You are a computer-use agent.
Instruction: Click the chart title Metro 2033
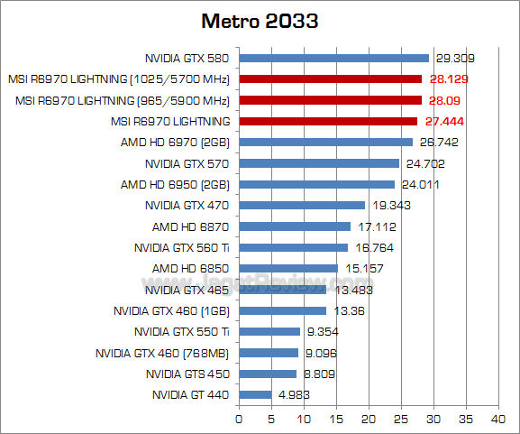(260, 20)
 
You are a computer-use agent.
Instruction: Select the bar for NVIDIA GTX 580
(333, 58)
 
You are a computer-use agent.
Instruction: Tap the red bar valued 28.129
(330, 78)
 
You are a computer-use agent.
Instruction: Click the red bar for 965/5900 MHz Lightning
(330, 100)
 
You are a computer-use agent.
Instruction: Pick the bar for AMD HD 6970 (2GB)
(325, 142)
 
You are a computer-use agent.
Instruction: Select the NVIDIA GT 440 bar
(255, 394)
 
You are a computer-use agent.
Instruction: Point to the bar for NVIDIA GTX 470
(302, 205)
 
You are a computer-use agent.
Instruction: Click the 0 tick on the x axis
(239, 418)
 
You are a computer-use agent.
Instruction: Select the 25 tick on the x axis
(400, 418)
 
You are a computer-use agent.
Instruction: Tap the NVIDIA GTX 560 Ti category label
(182, 247)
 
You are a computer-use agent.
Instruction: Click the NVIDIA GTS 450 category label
(187, 374)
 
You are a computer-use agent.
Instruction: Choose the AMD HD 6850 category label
(190, 268)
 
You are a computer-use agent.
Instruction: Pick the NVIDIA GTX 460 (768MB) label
(162, 352)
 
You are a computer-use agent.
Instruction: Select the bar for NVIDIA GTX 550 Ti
(269, 331)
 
